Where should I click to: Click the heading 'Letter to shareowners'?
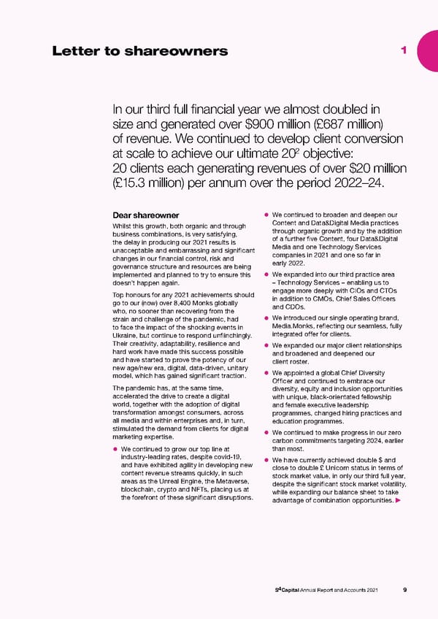click(140, 50)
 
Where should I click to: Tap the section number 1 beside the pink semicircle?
click(404, 49)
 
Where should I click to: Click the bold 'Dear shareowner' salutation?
click(146, 215)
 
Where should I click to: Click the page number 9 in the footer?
click(405, 591)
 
